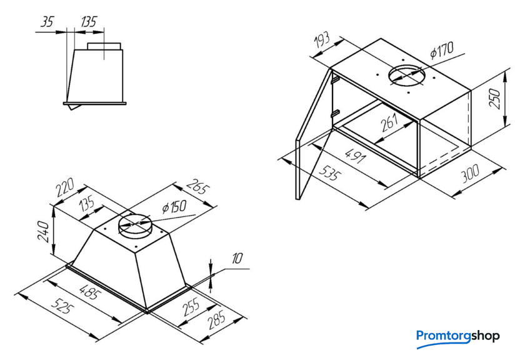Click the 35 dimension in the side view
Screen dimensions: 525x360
[x=47, y=22]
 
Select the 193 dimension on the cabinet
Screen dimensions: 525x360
[x=322, y=41]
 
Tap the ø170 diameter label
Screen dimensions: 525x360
[x=442, y=50]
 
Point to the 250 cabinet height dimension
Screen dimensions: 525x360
[x=495, y=98]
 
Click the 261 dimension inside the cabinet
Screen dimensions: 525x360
[x=389, y=122]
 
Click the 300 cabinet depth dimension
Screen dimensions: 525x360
[x=470, y=173]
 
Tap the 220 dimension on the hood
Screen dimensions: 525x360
[x=65, y=188]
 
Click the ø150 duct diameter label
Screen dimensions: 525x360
[x=174, y=207]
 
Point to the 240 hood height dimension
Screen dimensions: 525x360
[x=44, y=231]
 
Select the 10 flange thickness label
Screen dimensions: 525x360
[x=237, y=259]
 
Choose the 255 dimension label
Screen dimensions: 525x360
[x=191, y=307]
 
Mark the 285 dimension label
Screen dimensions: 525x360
[x=217, y=320]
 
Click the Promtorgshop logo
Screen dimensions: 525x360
[x=457, y=337]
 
